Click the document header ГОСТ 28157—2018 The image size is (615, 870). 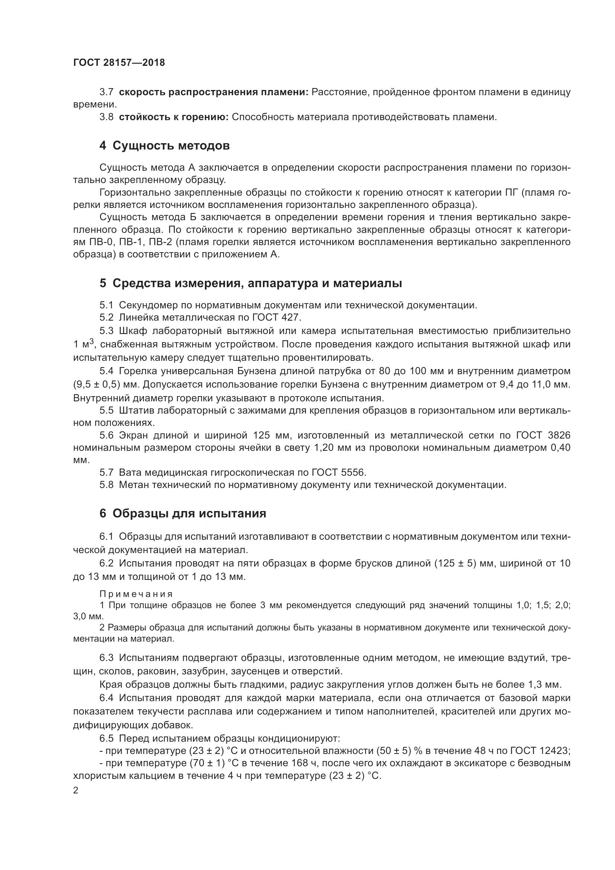point(119,63)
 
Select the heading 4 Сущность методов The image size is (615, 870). point(164,145)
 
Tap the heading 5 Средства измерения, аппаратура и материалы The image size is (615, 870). point(250,283)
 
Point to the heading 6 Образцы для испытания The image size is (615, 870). point(183,513)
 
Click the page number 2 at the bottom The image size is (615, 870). point(76,790)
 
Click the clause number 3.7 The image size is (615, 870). point(106,92)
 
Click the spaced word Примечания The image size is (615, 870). point(136,594)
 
